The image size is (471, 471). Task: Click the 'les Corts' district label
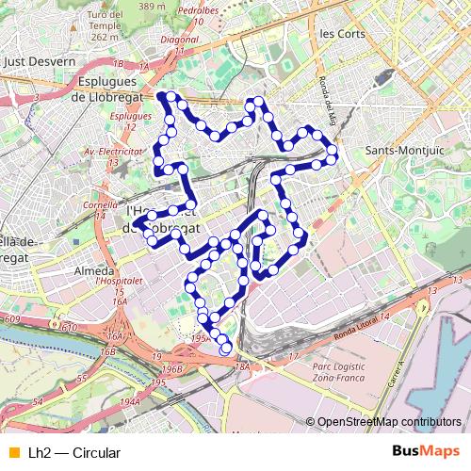click(x=341, y=33)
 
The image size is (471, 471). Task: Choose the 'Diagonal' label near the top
click(x=182, y=41)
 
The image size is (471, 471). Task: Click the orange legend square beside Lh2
click(x=13, y=453)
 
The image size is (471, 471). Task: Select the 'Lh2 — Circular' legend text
click(x=74, y=453)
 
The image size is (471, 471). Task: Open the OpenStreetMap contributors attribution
click(x=389, y=422)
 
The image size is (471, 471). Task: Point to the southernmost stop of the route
click(x=226, y=350)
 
